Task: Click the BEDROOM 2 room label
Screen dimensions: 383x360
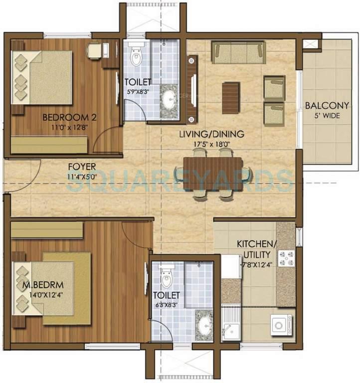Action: (62, 118)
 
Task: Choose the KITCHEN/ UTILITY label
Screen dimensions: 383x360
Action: (256, 248)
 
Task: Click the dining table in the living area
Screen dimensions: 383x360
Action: (213, 174)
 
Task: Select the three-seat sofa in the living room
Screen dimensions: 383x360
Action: (238, 52)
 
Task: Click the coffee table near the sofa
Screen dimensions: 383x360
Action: (231, 97)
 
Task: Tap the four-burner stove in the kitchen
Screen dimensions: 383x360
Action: (286, 258)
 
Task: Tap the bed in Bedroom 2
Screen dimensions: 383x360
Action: (42, 78)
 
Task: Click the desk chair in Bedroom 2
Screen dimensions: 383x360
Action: (93, 50)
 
